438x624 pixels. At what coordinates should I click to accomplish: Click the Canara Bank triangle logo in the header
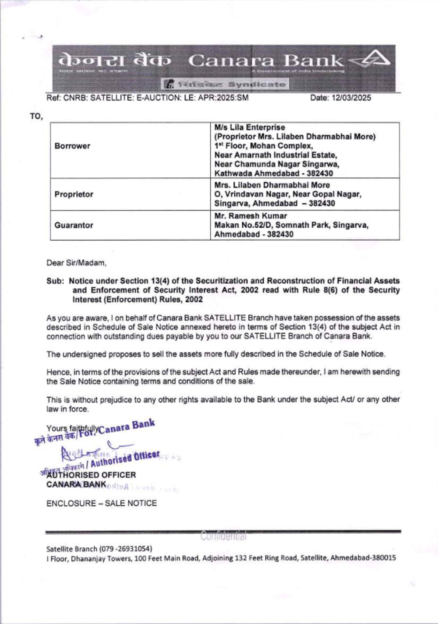373,61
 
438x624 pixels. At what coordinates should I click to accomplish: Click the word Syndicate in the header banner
257,84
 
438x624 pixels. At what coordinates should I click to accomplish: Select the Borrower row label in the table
72,146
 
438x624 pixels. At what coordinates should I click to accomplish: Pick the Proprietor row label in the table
74,194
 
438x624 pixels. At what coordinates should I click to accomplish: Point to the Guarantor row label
74,226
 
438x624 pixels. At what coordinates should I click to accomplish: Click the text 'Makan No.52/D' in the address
240,225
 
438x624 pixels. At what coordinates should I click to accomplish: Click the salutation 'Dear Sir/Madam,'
76,263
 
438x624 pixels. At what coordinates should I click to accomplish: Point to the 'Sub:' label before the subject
55,281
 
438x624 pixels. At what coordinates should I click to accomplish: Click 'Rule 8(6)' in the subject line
319,290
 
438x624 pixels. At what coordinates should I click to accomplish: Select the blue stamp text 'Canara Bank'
127,427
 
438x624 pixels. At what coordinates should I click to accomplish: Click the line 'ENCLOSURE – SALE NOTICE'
102,504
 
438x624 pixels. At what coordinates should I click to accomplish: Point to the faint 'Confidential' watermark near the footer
224,536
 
